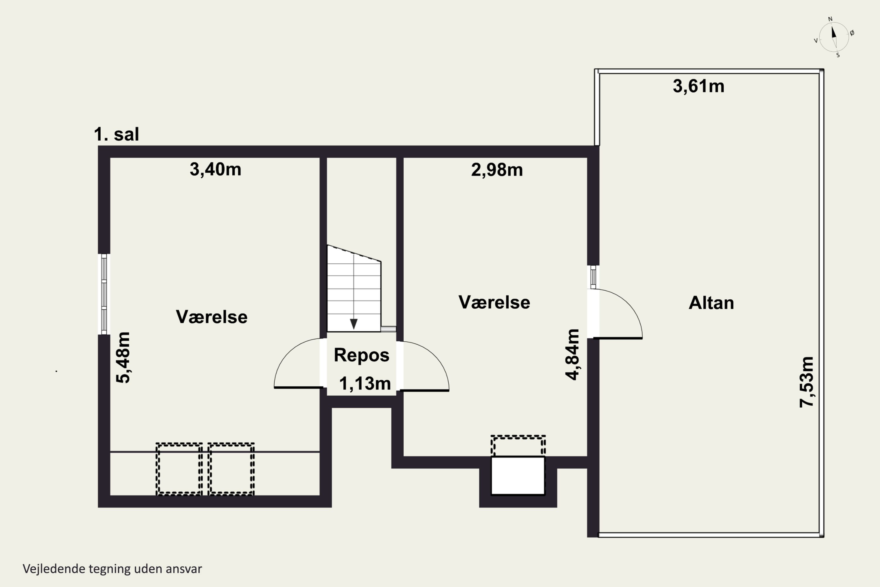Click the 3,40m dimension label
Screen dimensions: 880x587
click(x=216, y=169)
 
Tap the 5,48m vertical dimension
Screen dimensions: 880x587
click(x=123, y=357)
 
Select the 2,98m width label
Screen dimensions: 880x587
click(x=497, y=170)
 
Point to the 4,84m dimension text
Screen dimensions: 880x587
click(x=573, y=355)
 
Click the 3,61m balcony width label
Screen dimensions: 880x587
click(x=698, y=86)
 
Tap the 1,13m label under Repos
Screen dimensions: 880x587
click(x=365, y=384)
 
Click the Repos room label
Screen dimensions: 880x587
click(x=361, y=355)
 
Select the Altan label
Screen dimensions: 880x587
click(x=711, y=303)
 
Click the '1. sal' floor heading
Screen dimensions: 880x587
click(x=116, y=134)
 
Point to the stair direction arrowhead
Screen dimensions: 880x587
click(x=353, y=324)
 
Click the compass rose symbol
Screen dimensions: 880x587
click(x=834, y=37)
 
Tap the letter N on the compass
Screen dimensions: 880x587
click(x=830, y=19)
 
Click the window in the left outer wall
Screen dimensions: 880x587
click(x=104, y=294)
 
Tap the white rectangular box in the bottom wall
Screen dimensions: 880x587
click(x=518, y=475)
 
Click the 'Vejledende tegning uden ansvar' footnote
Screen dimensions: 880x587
click(x=112, y=569)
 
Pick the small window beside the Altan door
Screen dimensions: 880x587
click(x=593, y=277)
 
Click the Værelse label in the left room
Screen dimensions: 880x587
click(x=212, y=317)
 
